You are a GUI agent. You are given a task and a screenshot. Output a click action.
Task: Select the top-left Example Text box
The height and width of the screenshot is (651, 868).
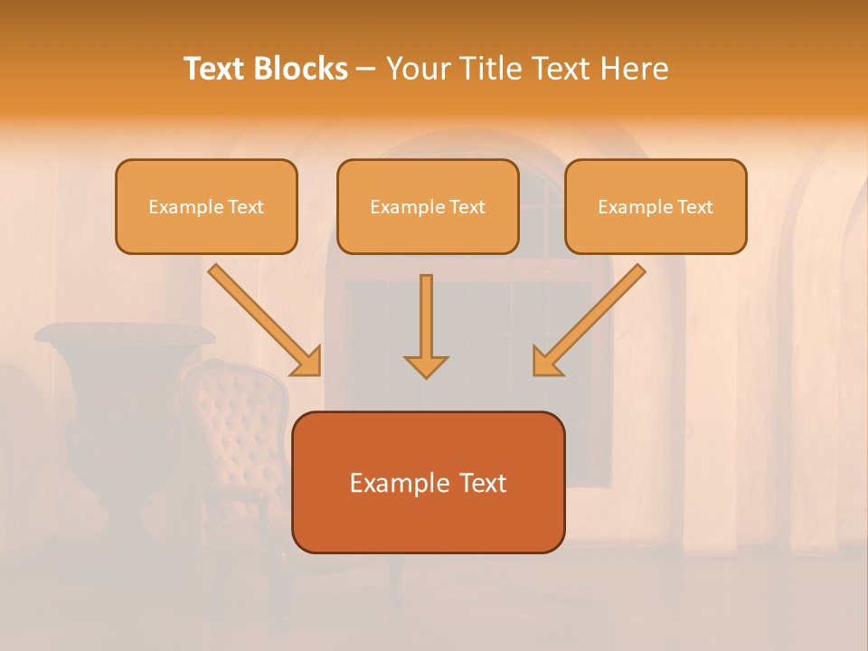pos(206,206)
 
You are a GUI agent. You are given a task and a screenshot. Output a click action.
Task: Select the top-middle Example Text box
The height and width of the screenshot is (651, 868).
pos(428,206)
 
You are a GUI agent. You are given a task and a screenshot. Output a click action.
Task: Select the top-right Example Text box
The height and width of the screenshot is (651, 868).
pos(656,206)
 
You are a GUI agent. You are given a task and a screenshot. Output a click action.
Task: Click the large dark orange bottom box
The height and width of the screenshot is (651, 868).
pos(428,482)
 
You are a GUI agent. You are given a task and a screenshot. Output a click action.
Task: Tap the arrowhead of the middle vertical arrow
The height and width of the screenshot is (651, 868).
pos(426,366)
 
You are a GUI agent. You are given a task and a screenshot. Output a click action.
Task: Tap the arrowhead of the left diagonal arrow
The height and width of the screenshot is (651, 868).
pos(308,363)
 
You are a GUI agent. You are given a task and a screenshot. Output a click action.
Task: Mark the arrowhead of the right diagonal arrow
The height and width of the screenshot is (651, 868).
pos(545,363)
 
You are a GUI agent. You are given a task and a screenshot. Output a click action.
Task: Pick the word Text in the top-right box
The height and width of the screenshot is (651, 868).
pos(694,207)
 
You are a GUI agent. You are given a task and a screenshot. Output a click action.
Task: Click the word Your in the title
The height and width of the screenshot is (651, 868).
pos(417,69)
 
